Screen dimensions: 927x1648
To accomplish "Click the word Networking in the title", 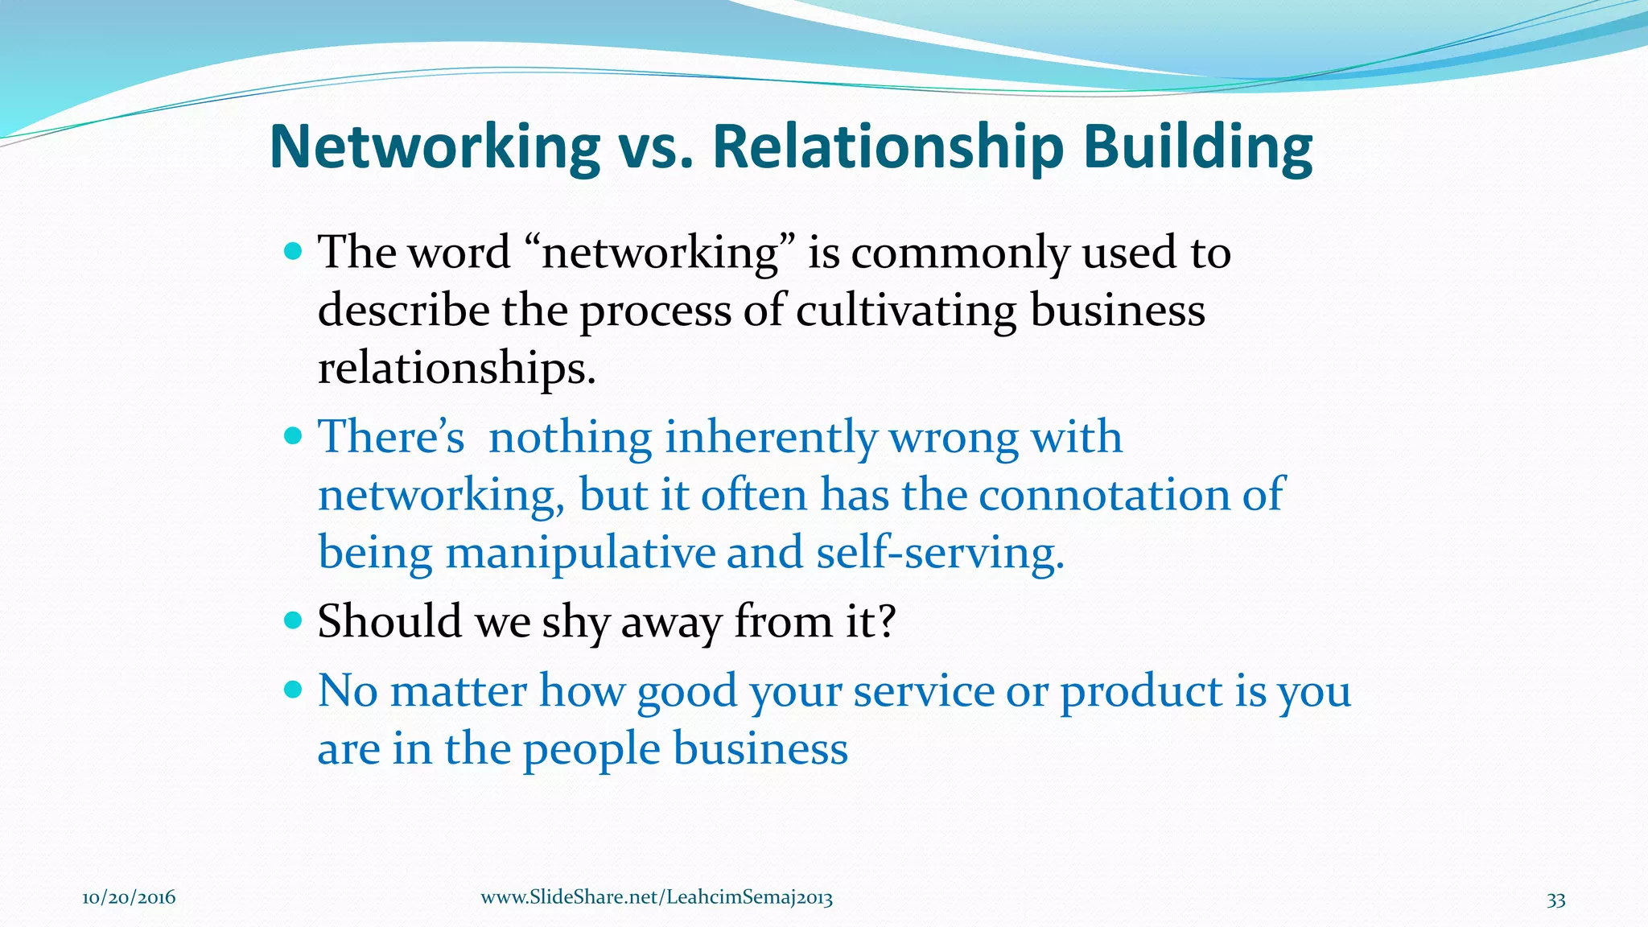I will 435,147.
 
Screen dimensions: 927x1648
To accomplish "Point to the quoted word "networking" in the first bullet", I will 660,253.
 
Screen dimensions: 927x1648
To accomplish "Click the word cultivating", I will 905,311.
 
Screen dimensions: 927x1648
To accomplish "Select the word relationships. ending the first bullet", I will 456,369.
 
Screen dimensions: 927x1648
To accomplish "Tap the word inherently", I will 770,438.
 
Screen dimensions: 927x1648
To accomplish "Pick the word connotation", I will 1103,495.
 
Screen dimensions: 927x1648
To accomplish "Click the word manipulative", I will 580,553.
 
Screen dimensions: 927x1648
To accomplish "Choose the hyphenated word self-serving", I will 939,553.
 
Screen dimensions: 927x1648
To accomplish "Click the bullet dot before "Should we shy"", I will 293,620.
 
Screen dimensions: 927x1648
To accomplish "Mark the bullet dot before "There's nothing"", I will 293,436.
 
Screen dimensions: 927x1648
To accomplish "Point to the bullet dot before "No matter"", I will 293,690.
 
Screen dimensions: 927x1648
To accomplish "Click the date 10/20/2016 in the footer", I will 129,898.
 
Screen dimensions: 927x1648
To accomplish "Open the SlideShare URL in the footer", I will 656,898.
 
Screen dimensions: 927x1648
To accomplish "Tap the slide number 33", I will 1555,900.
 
